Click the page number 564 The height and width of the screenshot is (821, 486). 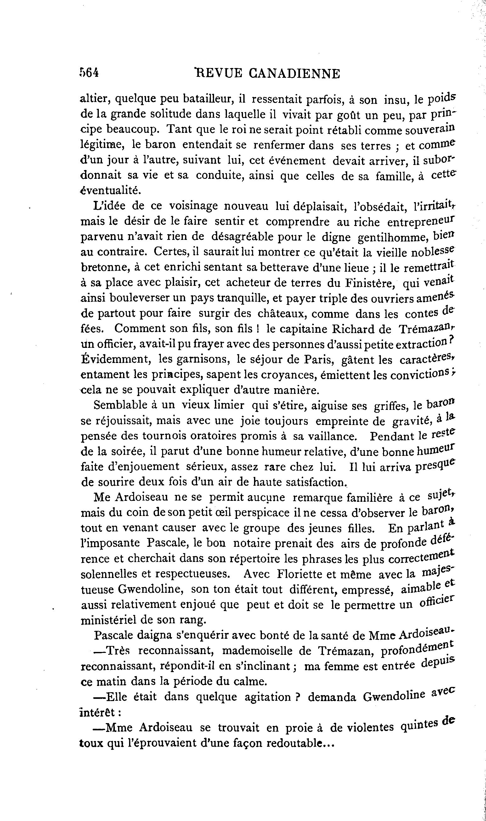89,73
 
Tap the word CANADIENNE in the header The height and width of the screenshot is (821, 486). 294,74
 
